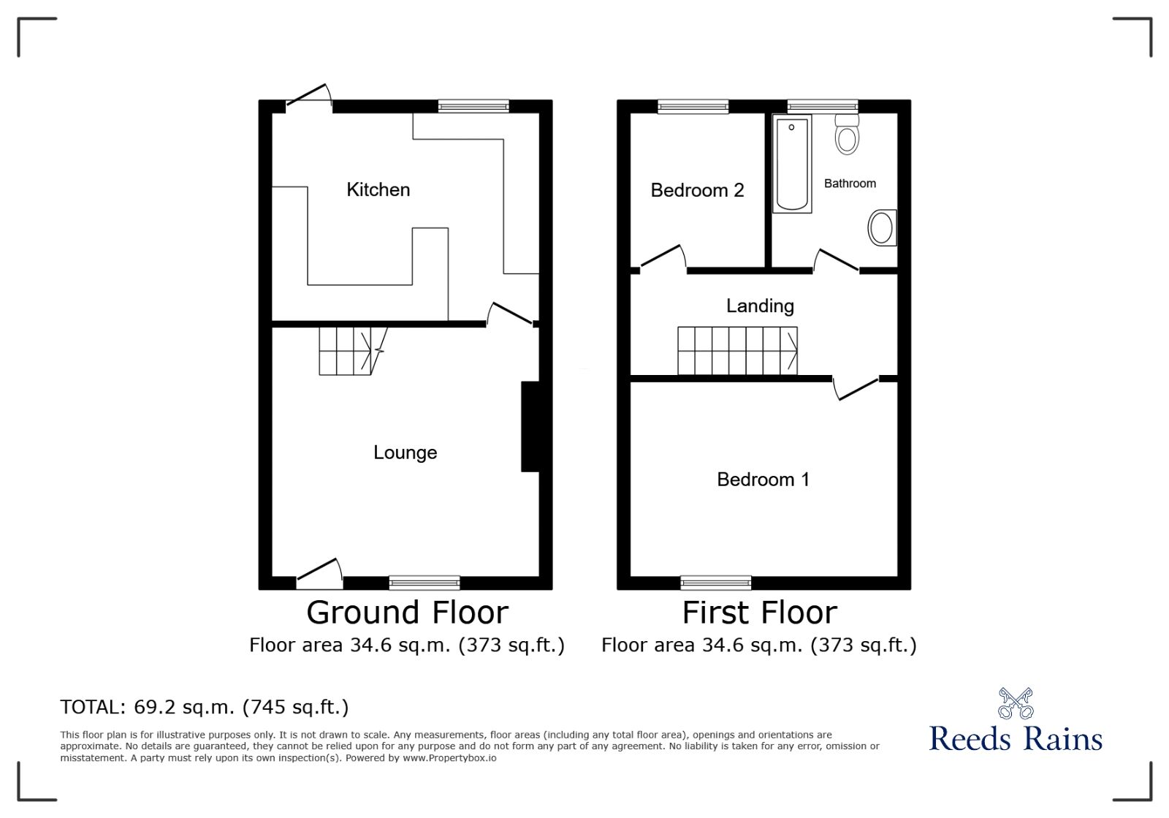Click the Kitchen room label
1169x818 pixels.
(378, 189)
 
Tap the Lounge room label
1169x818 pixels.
(405, 452)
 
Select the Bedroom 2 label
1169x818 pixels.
(697, 190)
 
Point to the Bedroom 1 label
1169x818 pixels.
(763, 480)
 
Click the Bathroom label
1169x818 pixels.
(850, 183)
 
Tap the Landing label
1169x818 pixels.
(761, 306)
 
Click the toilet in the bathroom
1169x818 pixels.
(847, 135)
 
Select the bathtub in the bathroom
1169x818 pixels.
(792, 164)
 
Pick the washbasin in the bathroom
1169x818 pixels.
(883, 228)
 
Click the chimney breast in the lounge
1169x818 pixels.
(530, 426)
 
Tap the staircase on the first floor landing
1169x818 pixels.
(737, 351)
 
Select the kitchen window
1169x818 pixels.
(473, 106)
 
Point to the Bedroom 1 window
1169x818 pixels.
(716, 583)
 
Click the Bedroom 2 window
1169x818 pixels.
(693, 106)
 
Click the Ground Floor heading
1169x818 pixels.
(408, 613)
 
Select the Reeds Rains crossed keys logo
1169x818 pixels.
(1016, 703)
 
